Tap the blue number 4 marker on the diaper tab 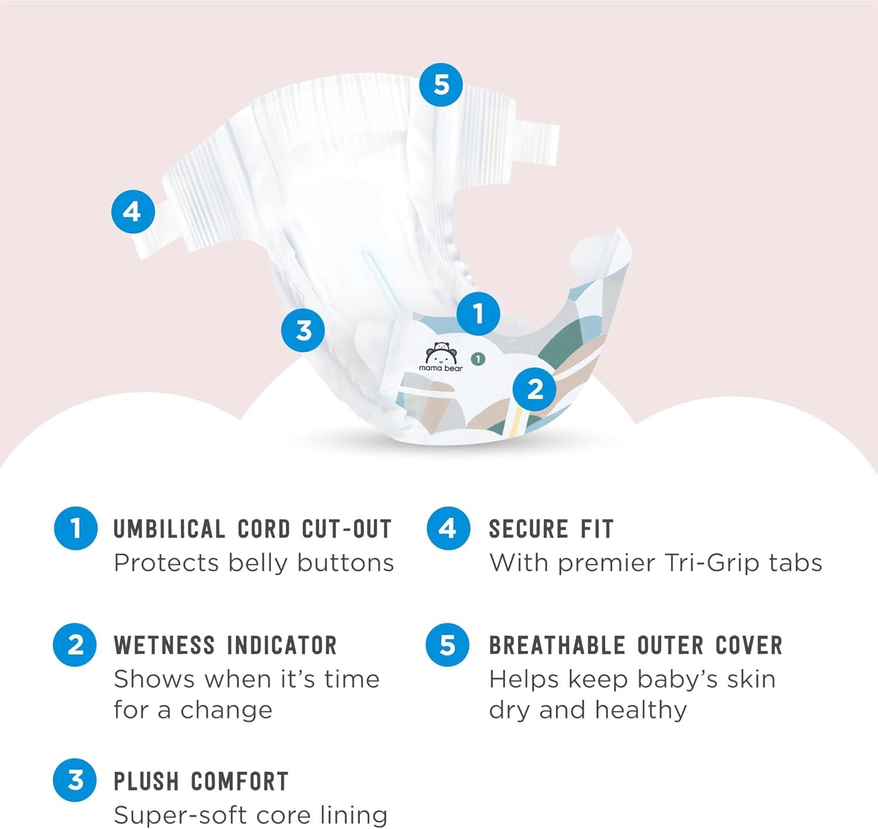[x=133, y=211]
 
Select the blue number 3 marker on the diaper [x=303, y=330]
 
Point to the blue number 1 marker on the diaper [x=478, y=314]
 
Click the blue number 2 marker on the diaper [x=534, y=390]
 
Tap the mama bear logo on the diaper [x=440, y=357]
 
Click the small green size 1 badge [x=478, y=359]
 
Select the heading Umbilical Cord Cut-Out [x=252, y=528]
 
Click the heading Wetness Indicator [x=225, y=645]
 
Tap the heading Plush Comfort [x=201, y=781]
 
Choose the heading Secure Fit [x=551, y=528]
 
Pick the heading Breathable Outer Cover [x=636, y=645]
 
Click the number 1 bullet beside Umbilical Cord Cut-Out [x=76, y=528]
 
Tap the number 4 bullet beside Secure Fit [x=448, y=528]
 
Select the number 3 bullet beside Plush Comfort [x=75, y=780]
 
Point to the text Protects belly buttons [x=254, y=563]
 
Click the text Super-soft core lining [x=250, y=815]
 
